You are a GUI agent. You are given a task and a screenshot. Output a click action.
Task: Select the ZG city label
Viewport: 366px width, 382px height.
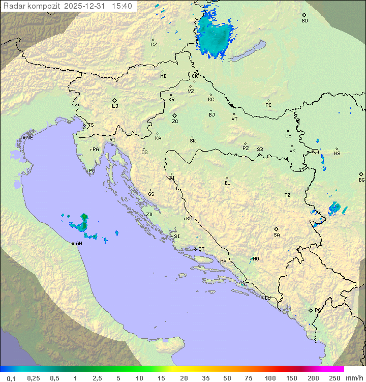click(x=175, y=122)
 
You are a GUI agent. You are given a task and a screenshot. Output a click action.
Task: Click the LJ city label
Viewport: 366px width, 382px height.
click(x=115, y=106)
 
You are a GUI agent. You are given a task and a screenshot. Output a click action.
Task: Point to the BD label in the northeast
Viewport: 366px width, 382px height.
click(x=304, y=21)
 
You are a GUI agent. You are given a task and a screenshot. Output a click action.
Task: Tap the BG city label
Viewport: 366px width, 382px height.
click(x=361, y=180)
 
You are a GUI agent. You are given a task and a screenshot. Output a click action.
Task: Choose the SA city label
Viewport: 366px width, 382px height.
click(x=277, y=234)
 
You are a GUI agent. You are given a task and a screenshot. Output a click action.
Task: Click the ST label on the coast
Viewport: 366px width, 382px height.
click(x=201, y=249)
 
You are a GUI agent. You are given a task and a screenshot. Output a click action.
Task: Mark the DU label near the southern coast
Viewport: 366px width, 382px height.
click(x=267, y=298)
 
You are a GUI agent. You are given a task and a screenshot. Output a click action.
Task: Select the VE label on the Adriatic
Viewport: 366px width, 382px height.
click(x=30, y=138)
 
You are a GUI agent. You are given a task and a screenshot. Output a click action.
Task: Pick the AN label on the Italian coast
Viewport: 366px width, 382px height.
click(x=79, y=244)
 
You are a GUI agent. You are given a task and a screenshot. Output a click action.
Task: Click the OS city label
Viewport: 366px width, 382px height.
click(x=288, y=136)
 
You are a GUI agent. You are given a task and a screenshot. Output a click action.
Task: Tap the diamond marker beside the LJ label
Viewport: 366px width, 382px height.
click(x=115, y=100)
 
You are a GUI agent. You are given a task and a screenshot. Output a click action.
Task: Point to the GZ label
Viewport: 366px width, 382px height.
click(x=154, y=45)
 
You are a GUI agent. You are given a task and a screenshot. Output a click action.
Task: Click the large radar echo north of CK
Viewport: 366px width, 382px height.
click(x=215, y=36)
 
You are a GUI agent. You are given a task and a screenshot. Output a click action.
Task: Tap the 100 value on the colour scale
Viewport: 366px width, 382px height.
click(x=270, y=378)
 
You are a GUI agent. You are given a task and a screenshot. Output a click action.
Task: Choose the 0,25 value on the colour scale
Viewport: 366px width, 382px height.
click(x=34, y=378)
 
